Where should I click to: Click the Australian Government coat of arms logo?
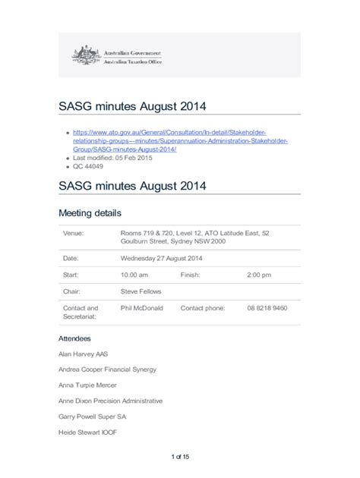tap(86, 55)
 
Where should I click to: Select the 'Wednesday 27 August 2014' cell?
tap(166, 258)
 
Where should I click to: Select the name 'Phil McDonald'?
tap(141, 308)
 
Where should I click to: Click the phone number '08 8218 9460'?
tap(267, 308)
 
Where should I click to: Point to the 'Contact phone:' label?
tap(203, 308)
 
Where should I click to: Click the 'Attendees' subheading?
tap(74, 338)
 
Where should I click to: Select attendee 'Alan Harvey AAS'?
tap(85, 354)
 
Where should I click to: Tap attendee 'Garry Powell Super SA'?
tap(92, 417)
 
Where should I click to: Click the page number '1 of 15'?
tap(180, 456)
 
